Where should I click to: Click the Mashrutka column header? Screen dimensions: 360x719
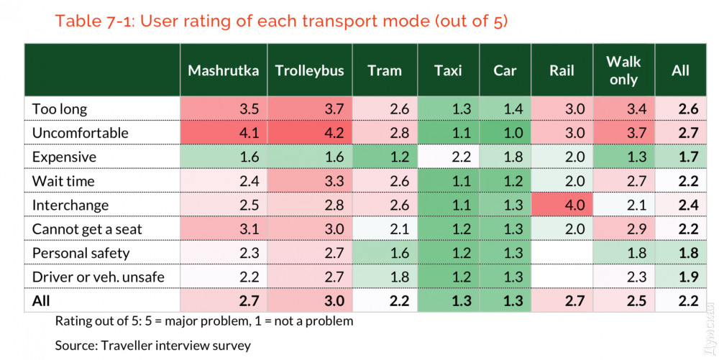coord(223,70)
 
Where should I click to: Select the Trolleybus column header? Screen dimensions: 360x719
coord(310,70)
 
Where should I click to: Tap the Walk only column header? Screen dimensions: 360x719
coord(623,70)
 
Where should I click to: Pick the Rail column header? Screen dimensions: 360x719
coord(562,70)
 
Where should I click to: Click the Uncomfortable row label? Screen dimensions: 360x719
coord(80,133)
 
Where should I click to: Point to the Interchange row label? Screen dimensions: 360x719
coord(70,205)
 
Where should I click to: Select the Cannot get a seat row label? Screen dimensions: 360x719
coord(87,229)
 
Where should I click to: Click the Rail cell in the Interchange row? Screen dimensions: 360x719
coord(562,205)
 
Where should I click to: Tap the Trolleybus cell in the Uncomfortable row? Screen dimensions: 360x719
coord(311,133)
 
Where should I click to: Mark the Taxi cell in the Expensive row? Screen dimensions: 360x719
coord(448,157)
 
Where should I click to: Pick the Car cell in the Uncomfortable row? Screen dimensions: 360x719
coord(505,133)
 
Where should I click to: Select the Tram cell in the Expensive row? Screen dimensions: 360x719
coord(385,157)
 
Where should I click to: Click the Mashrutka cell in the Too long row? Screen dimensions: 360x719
coord(224,109)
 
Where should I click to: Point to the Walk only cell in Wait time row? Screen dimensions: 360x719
coord(623,181)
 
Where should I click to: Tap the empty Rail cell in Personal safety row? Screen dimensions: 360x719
coord(562,253)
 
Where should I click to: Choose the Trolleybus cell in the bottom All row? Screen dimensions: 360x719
coord(311,300)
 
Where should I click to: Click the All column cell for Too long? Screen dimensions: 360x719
coord(680,109)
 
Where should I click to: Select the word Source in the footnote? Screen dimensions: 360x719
coord(76,345)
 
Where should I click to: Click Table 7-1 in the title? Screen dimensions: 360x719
coord(93,21)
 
